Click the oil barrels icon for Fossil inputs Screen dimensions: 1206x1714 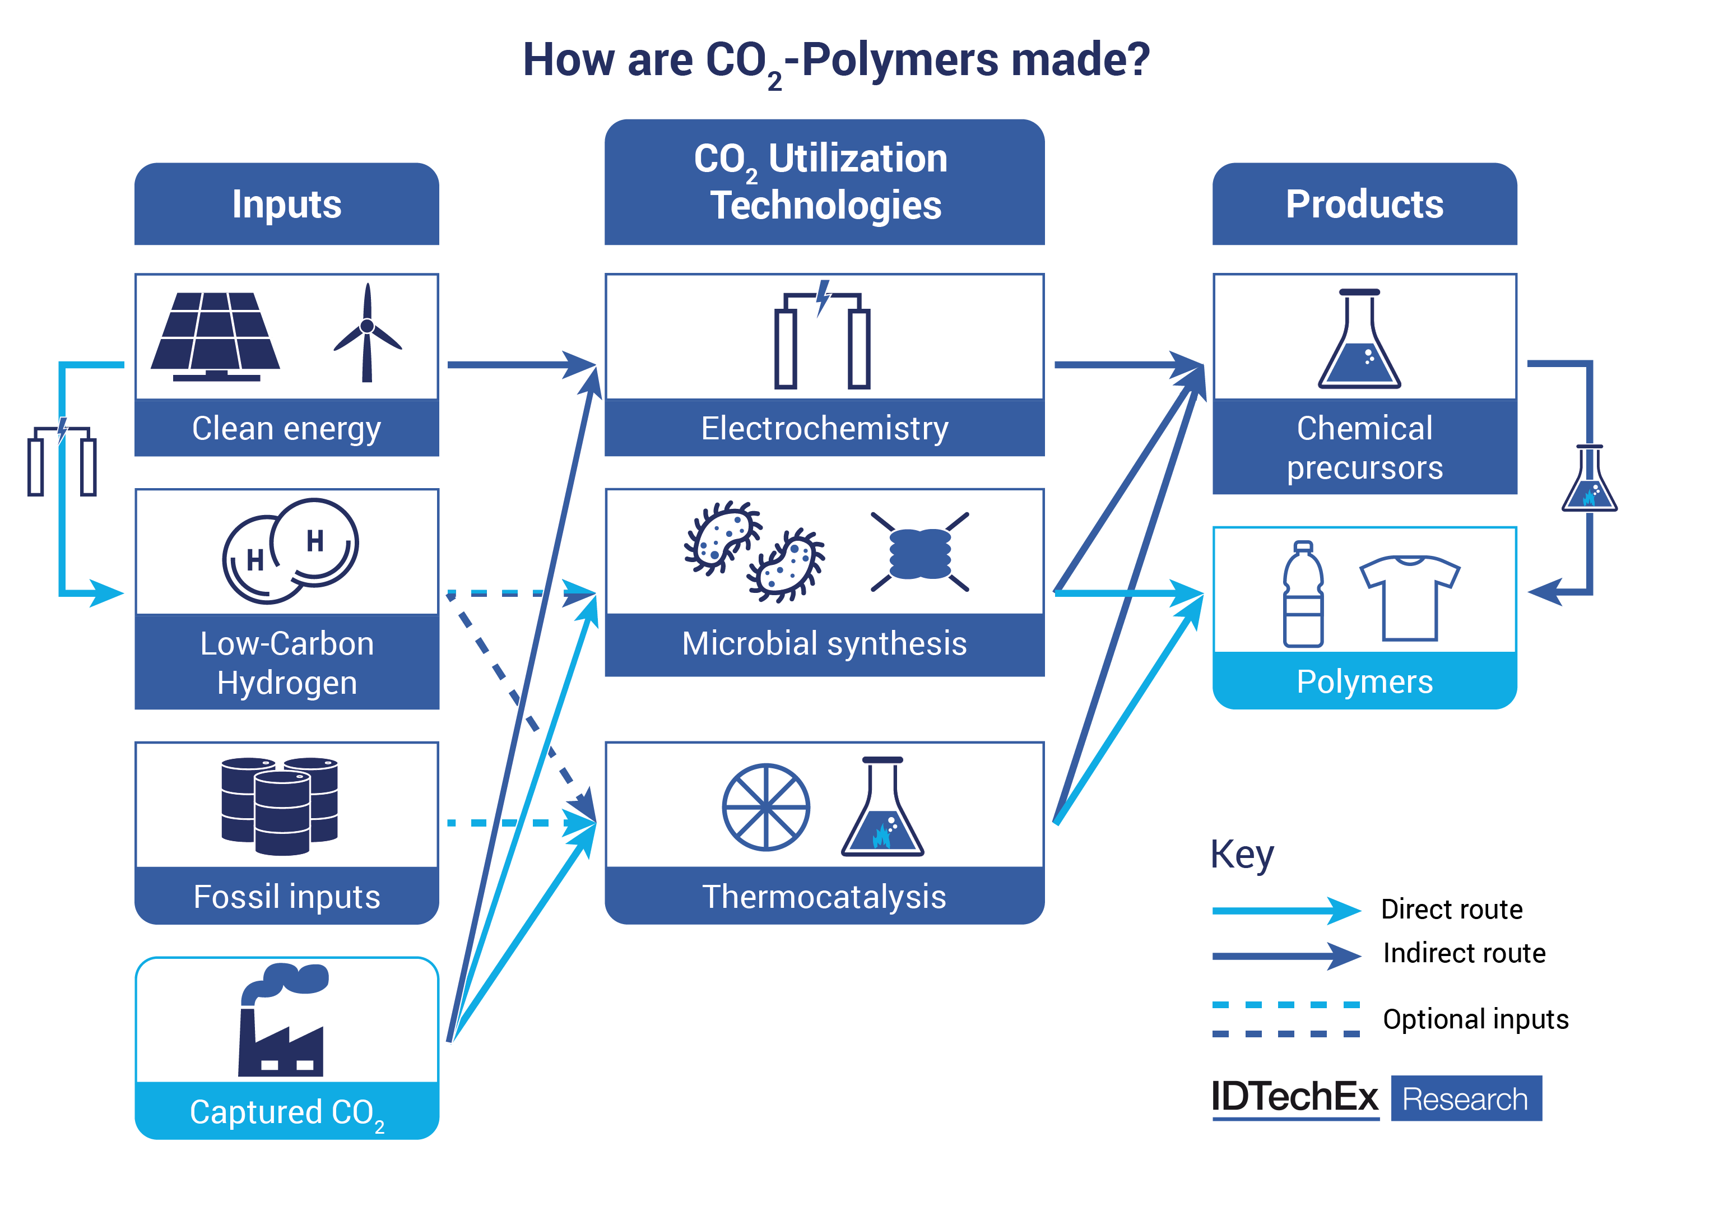click(280, 805)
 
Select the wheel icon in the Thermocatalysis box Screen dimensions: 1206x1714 click(766, 806)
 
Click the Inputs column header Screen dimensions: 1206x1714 click(287, 204)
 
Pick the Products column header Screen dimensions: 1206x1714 click(1364, 204)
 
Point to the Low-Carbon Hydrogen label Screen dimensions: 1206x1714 click(287, 663)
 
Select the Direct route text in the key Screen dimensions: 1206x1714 click(1451, 910)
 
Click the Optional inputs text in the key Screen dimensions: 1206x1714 click(1475, 1019)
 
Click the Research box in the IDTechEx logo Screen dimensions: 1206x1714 click(1465, 1098)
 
